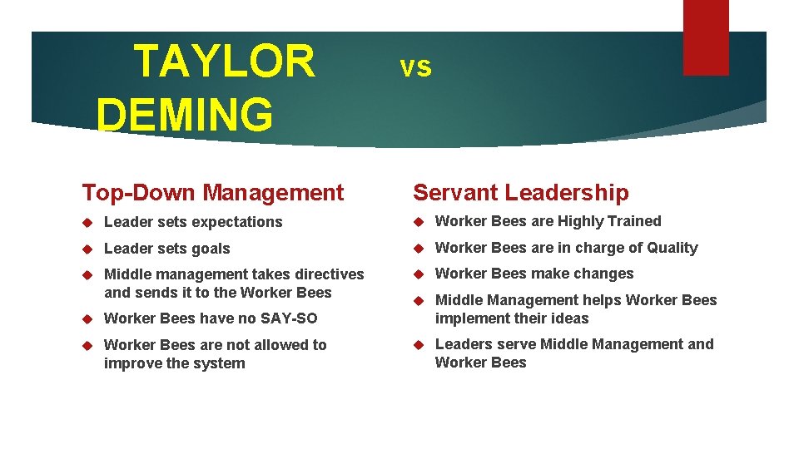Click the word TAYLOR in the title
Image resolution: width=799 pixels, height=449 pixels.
pos(224,62)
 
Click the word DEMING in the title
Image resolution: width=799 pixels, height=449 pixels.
pos(184,114)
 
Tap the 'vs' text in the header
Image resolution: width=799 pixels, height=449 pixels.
pos(415,67)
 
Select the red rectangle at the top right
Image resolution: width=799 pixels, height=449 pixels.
pos(705,37)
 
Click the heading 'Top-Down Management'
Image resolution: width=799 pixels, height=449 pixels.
pos(212,193)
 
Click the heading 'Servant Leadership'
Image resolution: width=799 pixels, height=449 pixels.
pos(521,193)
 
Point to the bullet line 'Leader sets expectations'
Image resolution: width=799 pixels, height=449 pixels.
pos(193,222)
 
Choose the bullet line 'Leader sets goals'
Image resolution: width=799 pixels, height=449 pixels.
pos(166,249)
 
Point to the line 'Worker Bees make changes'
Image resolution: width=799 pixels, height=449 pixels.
pos(534,274)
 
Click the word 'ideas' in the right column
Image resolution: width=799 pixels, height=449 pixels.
pos(570,318)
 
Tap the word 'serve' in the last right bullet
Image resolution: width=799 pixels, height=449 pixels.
pos(517,344)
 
